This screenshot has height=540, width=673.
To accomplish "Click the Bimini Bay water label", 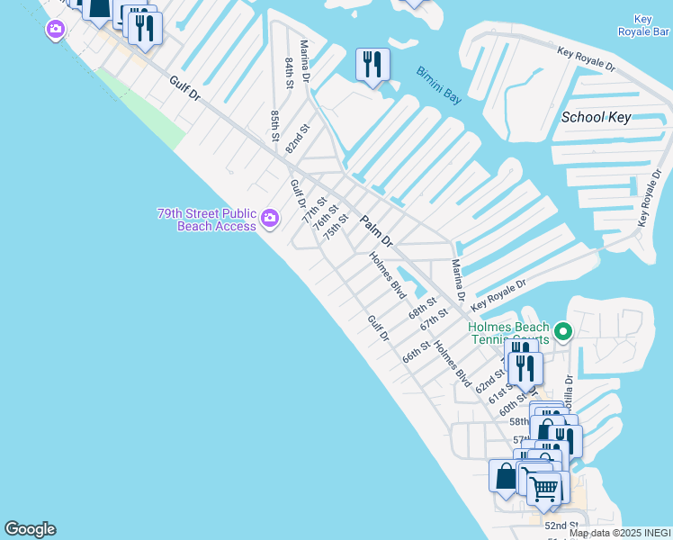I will coord(439,85).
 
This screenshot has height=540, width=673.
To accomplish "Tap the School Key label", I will coord(596,117).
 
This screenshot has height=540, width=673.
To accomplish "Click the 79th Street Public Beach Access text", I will coord(206,220).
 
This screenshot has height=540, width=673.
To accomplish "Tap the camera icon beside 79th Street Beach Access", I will coord(269,218).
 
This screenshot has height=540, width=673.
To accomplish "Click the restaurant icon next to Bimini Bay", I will coord(372,65).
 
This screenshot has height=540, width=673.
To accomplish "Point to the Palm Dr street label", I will coord(377,231).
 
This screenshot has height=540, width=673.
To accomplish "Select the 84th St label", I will coord(290,73).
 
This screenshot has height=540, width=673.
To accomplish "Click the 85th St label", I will coord(274,126).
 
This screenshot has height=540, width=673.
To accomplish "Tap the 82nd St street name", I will coord(297,139).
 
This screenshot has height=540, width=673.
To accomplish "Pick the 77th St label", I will coord(312,217).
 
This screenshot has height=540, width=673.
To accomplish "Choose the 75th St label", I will coord(336,225).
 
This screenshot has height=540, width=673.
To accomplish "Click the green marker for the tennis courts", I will coord(563,332).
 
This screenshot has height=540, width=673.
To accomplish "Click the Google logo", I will coord(30,529).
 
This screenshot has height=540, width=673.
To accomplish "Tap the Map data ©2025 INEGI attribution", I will coord(620,533).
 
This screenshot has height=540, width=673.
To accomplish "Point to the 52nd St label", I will coord(560,526).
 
